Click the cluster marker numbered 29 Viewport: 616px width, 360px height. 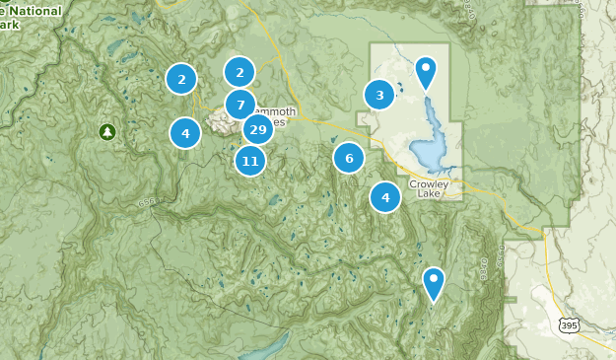(x=257, y=130)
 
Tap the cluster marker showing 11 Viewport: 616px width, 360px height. (x=250, y=161)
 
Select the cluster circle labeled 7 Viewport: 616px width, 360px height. (x=240, y=105)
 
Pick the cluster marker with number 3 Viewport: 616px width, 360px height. (x=379, y=95)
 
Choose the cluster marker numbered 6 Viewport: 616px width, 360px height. (x=349, y=158)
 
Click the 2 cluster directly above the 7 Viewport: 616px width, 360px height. (x=240, y=72)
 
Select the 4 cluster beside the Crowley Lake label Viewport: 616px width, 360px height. (x=385, y=198)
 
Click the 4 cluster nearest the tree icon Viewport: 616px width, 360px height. (x=185, y=132)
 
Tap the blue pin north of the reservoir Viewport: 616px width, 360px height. (x=426, y=72)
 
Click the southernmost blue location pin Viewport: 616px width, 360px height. (x=434, y=282)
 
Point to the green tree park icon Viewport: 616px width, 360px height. (x=106, y=131)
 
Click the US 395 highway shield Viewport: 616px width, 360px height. (x=567, y=324)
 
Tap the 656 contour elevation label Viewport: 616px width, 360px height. (x=145, y=202)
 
